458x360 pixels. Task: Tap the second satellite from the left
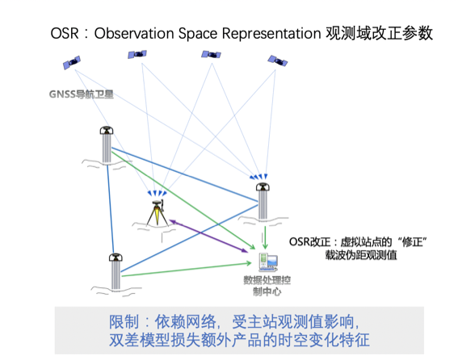coord(136,55)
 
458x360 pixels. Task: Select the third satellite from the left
coord(212,55)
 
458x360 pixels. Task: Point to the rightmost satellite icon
coord(278,61)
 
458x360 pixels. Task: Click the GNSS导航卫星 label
coord(81,95)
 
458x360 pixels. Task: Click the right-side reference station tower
coord(263,201)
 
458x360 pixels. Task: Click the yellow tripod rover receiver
coord(157,213)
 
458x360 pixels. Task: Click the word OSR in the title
coord(65,34)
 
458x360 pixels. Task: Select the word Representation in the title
coord(270,34)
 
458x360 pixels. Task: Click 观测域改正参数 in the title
coord(380,34)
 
